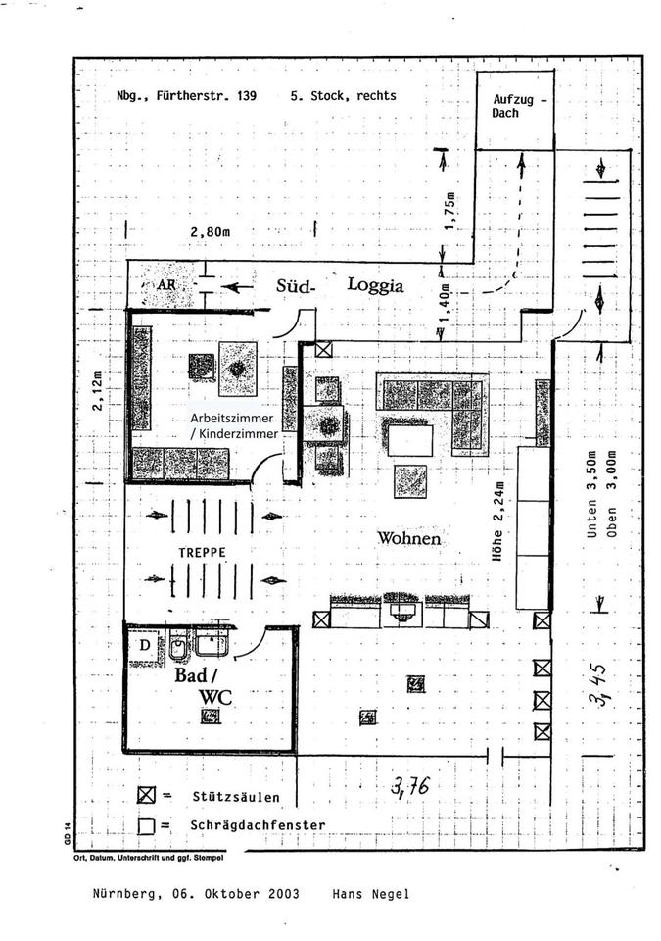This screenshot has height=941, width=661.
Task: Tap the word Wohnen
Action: point(408,538)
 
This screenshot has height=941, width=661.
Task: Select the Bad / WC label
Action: point(205,685)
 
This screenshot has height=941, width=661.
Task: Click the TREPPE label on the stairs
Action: point(203,553)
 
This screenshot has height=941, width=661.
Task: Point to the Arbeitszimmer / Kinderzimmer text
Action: point(234,424)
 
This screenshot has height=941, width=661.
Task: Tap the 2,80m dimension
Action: point(212,231)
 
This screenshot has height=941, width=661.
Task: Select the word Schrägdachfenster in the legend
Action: point(258,825)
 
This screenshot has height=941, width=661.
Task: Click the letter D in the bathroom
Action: point(145,645)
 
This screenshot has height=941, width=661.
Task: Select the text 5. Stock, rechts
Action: point(343,97)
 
